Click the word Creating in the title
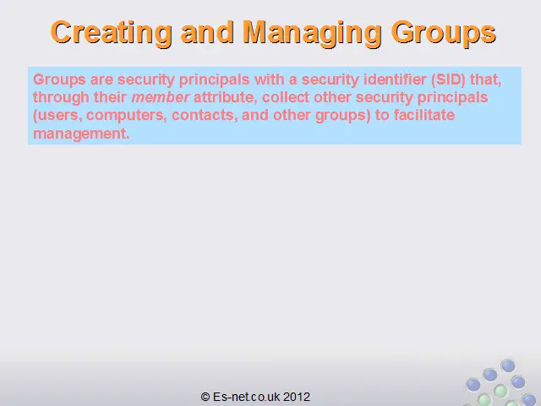pyautogui.click(x=111, y=33)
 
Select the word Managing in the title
pyautogui.click(x=312, y=33)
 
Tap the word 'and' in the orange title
pyautogui.click(x=207, y=32)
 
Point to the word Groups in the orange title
pyautogui.click(x=444, y=33)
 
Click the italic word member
pyautogui.click(x=160, y=97)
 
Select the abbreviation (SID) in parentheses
pyautogui.click(x=449, y=80)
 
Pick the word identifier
pyautogui.click(x=395, y=80)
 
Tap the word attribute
pyautogui.click(x=226, y=97)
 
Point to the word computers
pyautogui.click(x=126, y=116)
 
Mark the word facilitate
pyautogui.click(x=424, y=115)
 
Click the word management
pyautogui.click(x=81, y=134)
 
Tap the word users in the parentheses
pyautogui.click(x=57, y=115)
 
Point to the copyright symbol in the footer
pyautogui.click(x=205, y=397)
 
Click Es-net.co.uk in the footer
pyautogui.click(x=246, y=397)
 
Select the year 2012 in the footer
pyautogui.click(x=297, y=397)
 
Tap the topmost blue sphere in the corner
pyautogui.click(x=508, y=366)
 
